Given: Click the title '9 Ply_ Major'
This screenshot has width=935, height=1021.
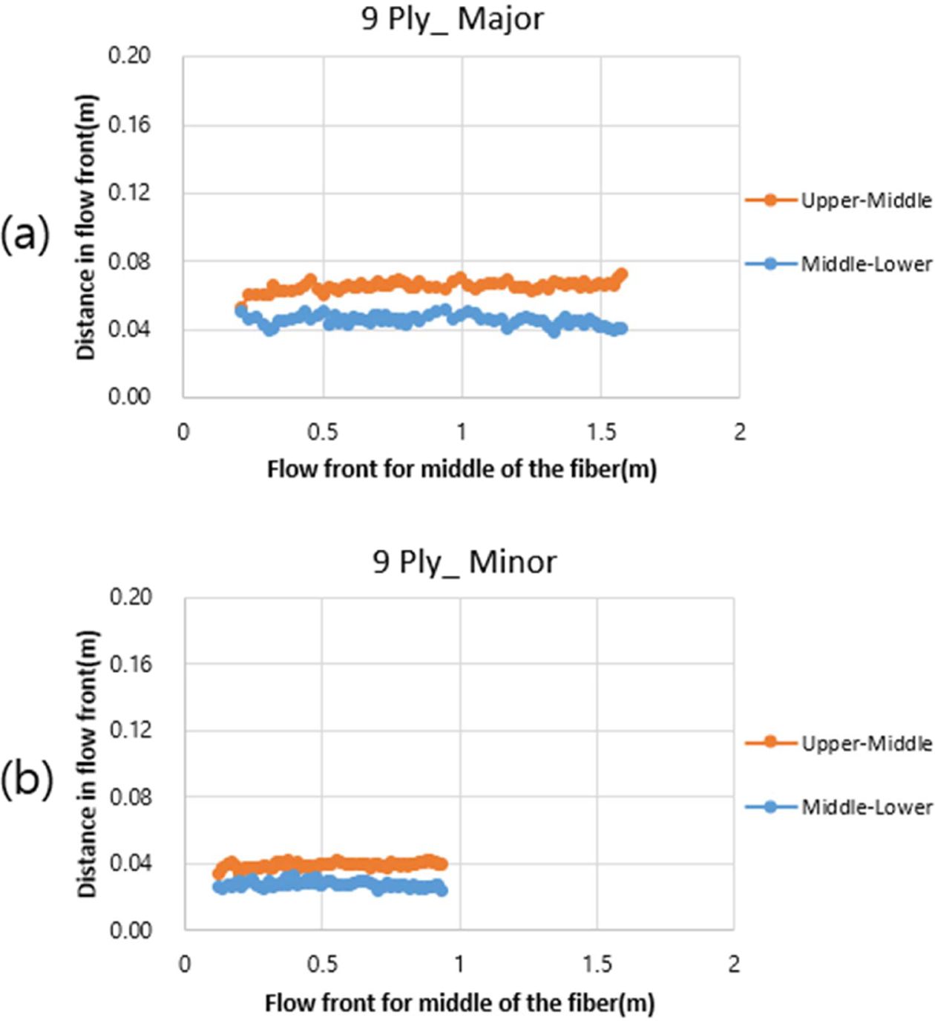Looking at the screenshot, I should tap(452, 19).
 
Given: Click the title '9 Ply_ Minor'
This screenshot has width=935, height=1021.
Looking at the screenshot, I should tap(464, 562).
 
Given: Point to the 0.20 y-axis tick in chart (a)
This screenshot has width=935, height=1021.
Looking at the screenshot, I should tap(129, 56).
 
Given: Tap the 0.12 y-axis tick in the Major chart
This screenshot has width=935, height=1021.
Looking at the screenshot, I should tap(129, 193).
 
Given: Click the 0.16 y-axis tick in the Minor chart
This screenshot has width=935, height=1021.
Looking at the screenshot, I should tap(131, 664).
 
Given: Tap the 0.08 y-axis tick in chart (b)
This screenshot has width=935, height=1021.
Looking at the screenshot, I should tap(131, 797).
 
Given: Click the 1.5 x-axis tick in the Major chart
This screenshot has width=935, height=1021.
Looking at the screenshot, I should tap(601, 432).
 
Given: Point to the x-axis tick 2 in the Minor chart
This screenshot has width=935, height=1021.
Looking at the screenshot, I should tap(734, 965).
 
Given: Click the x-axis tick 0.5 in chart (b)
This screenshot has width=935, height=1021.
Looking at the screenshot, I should tap(322, 965).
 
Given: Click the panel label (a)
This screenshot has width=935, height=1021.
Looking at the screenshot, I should tap(25, 235).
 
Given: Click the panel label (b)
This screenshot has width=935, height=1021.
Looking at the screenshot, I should tap(27, 779).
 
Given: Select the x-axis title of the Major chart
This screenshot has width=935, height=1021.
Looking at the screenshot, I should tap(462, 470).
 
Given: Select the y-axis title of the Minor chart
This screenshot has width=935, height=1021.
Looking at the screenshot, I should tap(88, 763).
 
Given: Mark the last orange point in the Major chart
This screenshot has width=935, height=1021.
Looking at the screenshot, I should tap(622, 275).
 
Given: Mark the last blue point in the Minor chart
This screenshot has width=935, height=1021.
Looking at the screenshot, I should tap(442, 890).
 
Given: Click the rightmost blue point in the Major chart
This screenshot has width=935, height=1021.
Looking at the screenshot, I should tap(621, 328).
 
